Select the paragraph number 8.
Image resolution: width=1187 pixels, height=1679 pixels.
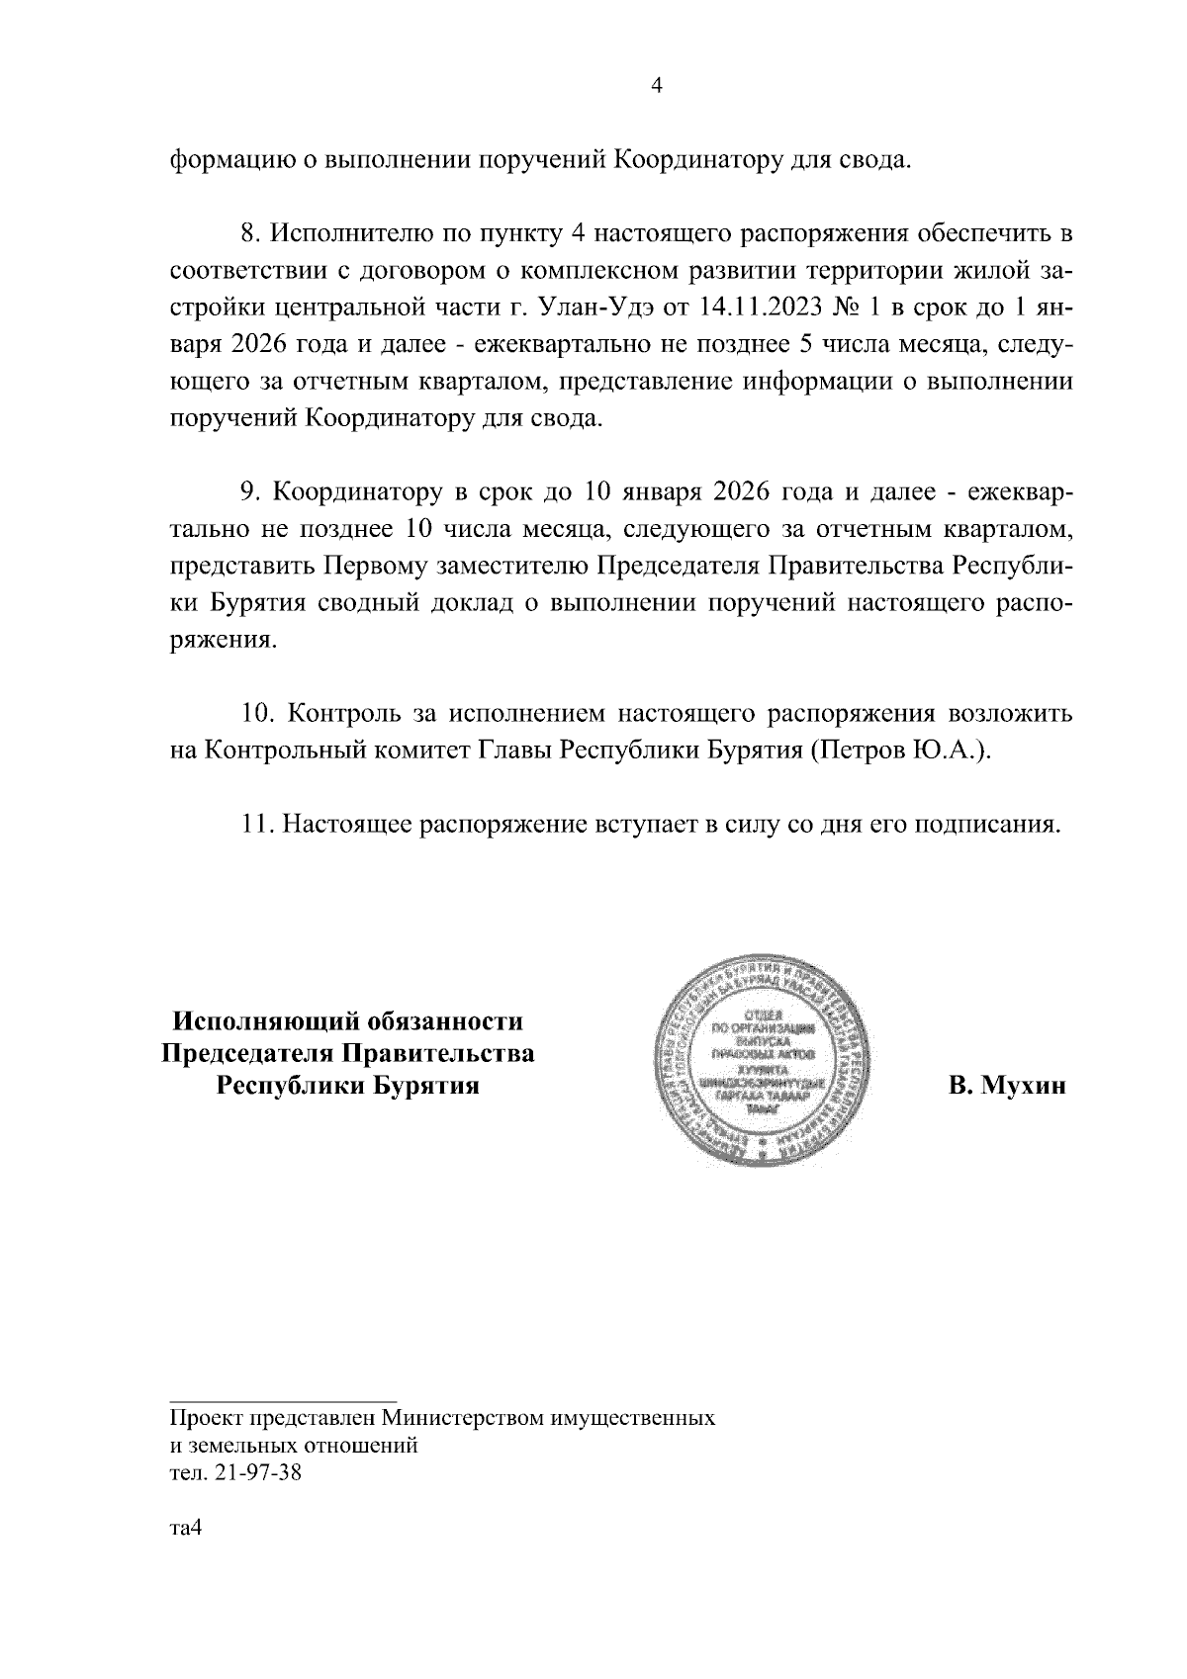coord(249,236)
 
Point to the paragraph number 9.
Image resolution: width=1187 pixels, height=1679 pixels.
coord(249,492)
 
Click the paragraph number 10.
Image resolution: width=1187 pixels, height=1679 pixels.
coord(255,713)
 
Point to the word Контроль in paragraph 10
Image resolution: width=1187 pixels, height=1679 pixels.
coord(353,713)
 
